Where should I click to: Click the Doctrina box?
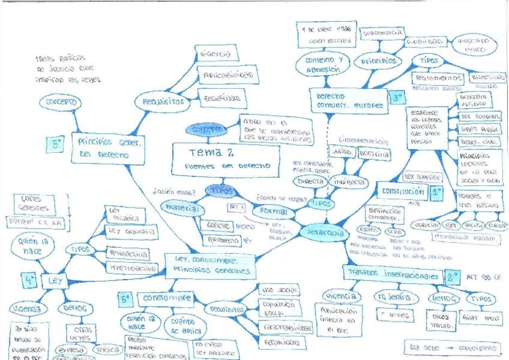coord(375,155)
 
